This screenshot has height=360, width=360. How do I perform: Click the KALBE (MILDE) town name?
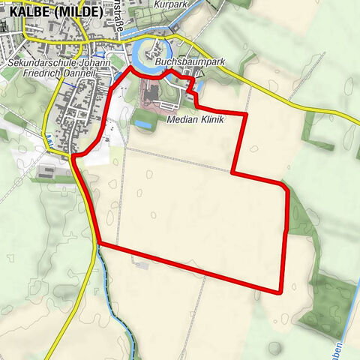point(52,11)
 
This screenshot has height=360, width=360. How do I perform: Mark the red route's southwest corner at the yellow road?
point(99,243)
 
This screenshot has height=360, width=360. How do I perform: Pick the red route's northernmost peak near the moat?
point(134,67)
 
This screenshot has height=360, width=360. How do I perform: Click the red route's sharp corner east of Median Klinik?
point(245,115)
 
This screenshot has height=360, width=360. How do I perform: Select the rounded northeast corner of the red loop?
point(283,184)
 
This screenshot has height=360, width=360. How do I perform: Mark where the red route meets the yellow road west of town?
point(73,155)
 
